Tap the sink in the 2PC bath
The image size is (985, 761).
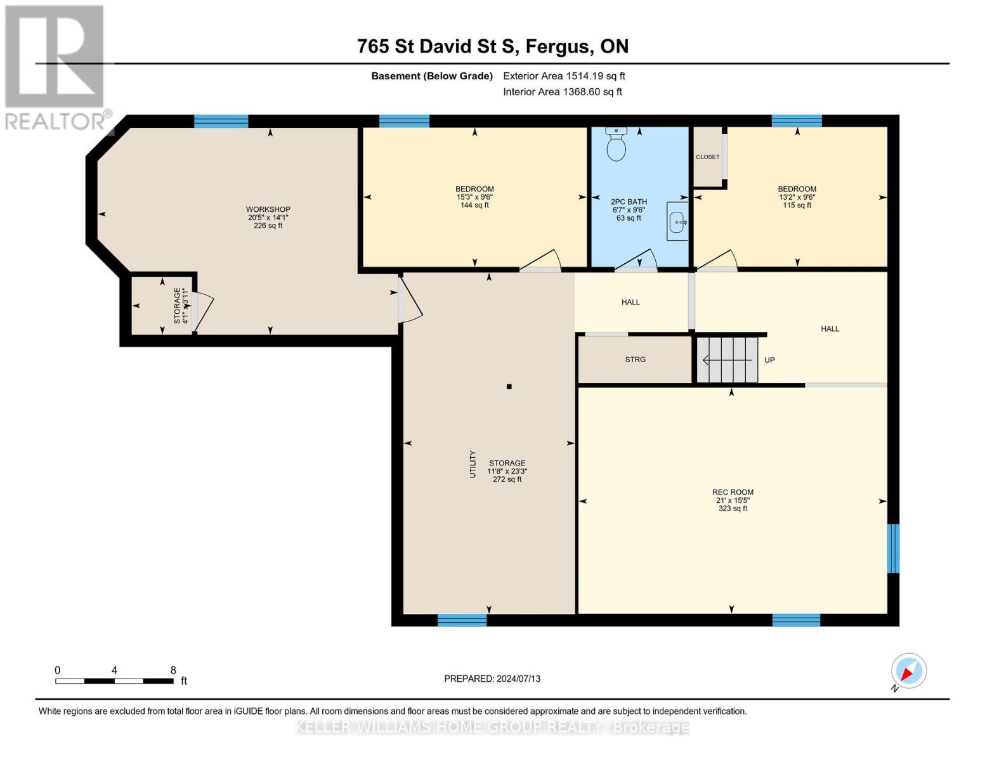point(677,222)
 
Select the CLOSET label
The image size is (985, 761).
point(707,157)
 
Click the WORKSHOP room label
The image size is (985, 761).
point(268,209)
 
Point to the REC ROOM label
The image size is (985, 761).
point(733,492)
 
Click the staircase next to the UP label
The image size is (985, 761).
point(727,360)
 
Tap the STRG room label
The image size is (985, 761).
point(635,360)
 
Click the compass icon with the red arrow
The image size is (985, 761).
point(908,671)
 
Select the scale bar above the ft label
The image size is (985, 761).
point(114,681)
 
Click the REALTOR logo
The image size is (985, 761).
point(56,67)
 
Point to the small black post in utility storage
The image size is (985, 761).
point(509,386)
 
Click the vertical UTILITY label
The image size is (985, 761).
point(473,464)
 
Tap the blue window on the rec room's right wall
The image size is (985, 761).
point(893,548)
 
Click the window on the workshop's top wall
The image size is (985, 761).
point(221,121)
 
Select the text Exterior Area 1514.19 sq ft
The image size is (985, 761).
point(564,76)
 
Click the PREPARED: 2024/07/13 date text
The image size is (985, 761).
point(492,679)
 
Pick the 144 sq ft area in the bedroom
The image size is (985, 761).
point(474,205)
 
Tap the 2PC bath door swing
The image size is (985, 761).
point(638,260)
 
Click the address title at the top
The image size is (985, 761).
point(492,46)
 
